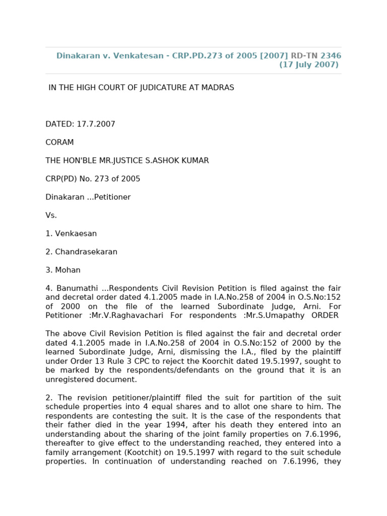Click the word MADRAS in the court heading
point(218,88)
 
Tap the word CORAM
point(59,143)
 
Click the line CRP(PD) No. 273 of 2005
point(93,179)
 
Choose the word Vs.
point(51,215)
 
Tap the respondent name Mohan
point(68,270)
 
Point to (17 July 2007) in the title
point(309,64)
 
